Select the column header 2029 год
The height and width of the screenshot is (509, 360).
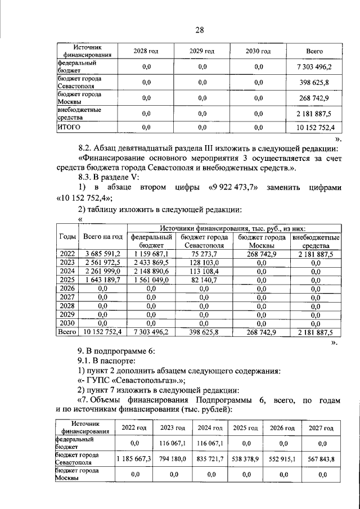pyautogui.click(x=202, y=51)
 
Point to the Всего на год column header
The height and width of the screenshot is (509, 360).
pyautogui.click(x=102, y=237)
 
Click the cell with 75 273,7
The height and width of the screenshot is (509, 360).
pyautogui.click(x=204, y=255)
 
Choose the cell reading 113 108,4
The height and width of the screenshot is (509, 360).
pyautogui.click(x=204, y=272)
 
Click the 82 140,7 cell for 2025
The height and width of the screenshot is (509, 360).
pyautogui.click(x=204, y=280)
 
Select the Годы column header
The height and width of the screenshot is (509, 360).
pyautogui.click(x=67, y=237)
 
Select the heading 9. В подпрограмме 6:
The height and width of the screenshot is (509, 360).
pyautogui.click(x=115, y=350)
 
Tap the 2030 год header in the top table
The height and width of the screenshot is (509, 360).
pyautogui.click(x=258, y=51)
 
